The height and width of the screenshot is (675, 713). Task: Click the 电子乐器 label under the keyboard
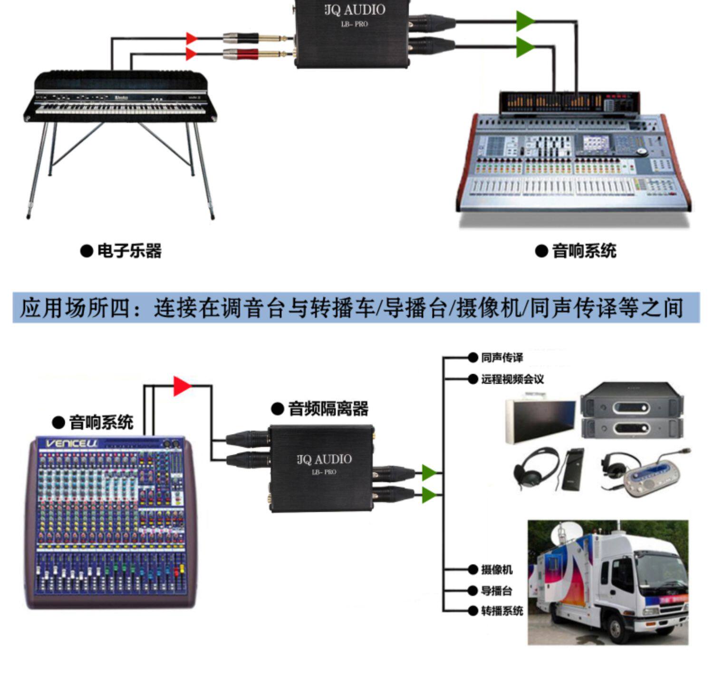129,251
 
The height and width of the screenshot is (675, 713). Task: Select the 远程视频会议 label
512,379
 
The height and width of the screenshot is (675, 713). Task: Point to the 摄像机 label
496,569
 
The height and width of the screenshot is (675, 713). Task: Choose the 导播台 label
496,590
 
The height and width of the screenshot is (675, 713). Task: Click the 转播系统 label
501,611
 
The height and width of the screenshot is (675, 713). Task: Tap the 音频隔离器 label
328,408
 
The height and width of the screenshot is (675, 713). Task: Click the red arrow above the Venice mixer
182,386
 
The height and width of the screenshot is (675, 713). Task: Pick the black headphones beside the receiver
536,468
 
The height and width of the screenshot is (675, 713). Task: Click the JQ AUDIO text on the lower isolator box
325,459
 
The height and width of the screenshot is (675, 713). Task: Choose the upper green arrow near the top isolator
525,21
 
